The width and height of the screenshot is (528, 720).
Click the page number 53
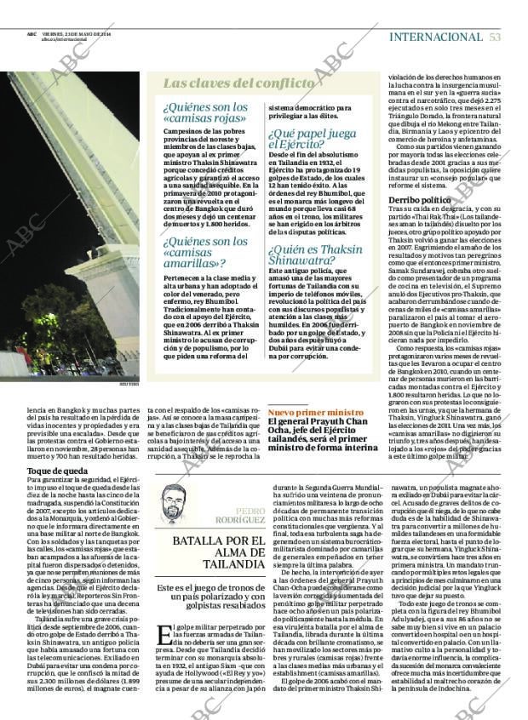495,37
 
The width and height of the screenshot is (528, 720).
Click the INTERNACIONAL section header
435,37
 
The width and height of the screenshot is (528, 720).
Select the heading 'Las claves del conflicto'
238,83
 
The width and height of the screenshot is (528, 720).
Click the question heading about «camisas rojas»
205,113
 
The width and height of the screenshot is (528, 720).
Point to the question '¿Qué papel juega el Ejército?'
313,140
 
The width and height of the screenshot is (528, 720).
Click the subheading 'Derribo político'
419,199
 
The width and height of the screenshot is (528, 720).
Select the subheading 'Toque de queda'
56,471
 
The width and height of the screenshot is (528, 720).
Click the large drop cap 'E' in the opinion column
164,613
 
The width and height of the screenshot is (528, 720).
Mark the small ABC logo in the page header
31,34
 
